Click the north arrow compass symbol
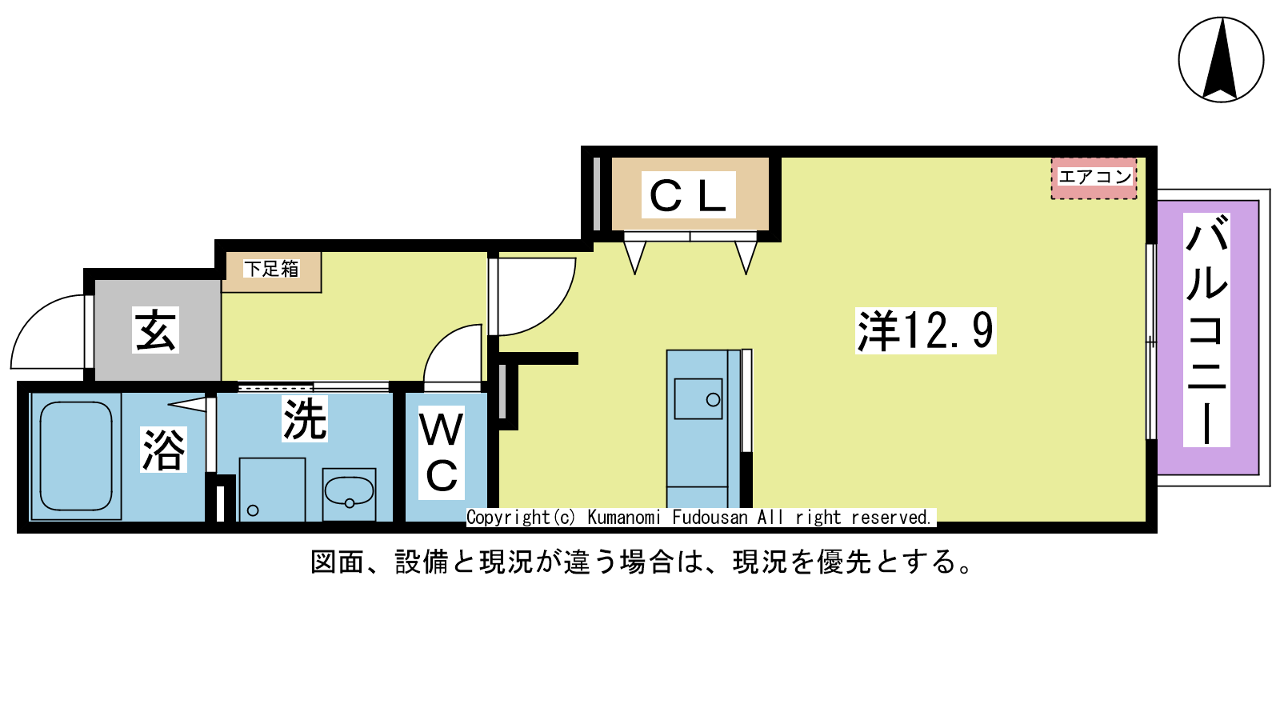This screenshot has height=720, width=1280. tap(1221, 60)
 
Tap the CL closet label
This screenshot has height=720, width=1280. tap(689, 195)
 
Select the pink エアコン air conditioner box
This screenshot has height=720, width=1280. tap(1094, 178)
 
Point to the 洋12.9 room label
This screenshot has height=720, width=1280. tap(926, 330)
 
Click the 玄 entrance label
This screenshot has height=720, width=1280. tap(155, 330)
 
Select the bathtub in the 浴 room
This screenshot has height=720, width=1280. tap(76, 456)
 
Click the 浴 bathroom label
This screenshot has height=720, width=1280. tap(163, 450)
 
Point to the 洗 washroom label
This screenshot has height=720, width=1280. tap(305, 419)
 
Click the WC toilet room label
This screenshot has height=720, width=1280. tap(442, 453)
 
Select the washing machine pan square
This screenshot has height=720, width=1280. tap(272, 489)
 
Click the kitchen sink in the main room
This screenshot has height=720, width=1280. tap(698, 398)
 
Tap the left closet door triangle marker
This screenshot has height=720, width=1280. tap(634, 257)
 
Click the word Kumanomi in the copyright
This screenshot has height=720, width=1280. tap(624, 518)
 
